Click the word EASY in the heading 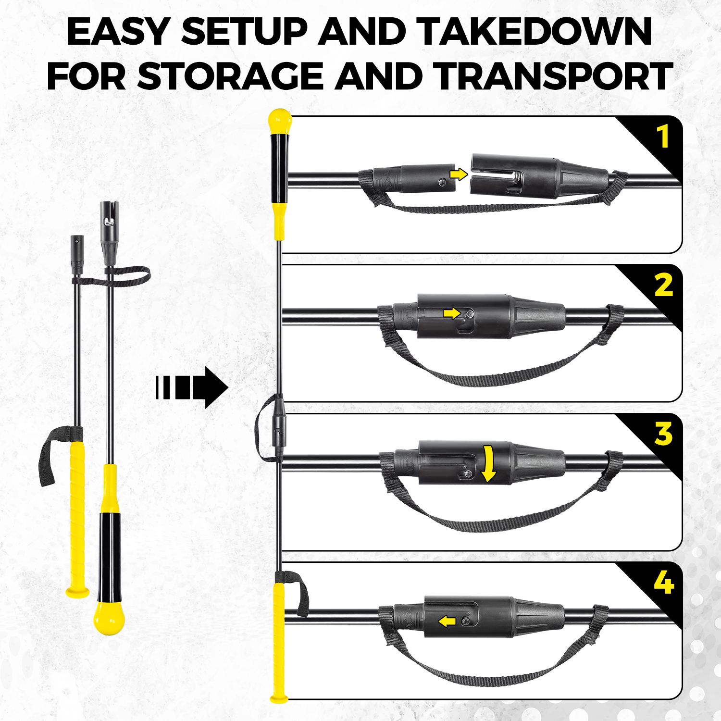click(117, 32)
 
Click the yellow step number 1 click(663, 137)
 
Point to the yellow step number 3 click(664, 434)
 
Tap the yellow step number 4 click(664, 583)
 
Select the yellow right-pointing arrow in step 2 click(452, 313)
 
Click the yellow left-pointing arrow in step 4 click(447, 622)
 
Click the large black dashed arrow click(192, 387)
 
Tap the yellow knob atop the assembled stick click(280, 122)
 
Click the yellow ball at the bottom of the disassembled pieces click(109, 619)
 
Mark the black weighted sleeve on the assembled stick click(280, 168)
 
